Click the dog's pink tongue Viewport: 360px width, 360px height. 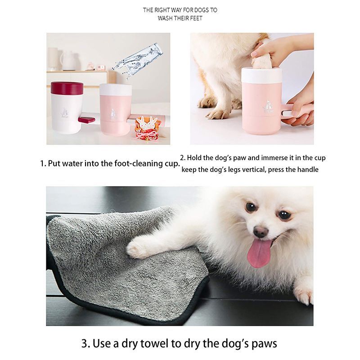(259, 254)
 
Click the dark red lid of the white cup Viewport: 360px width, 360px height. (67, 88)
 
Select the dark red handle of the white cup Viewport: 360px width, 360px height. (86, 120)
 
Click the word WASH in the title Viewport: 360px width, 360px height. (165, 18)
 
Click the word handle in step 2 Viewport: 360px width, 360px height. (308, 170)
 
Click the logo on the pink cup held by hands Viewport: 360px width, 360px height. (268, 107)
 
